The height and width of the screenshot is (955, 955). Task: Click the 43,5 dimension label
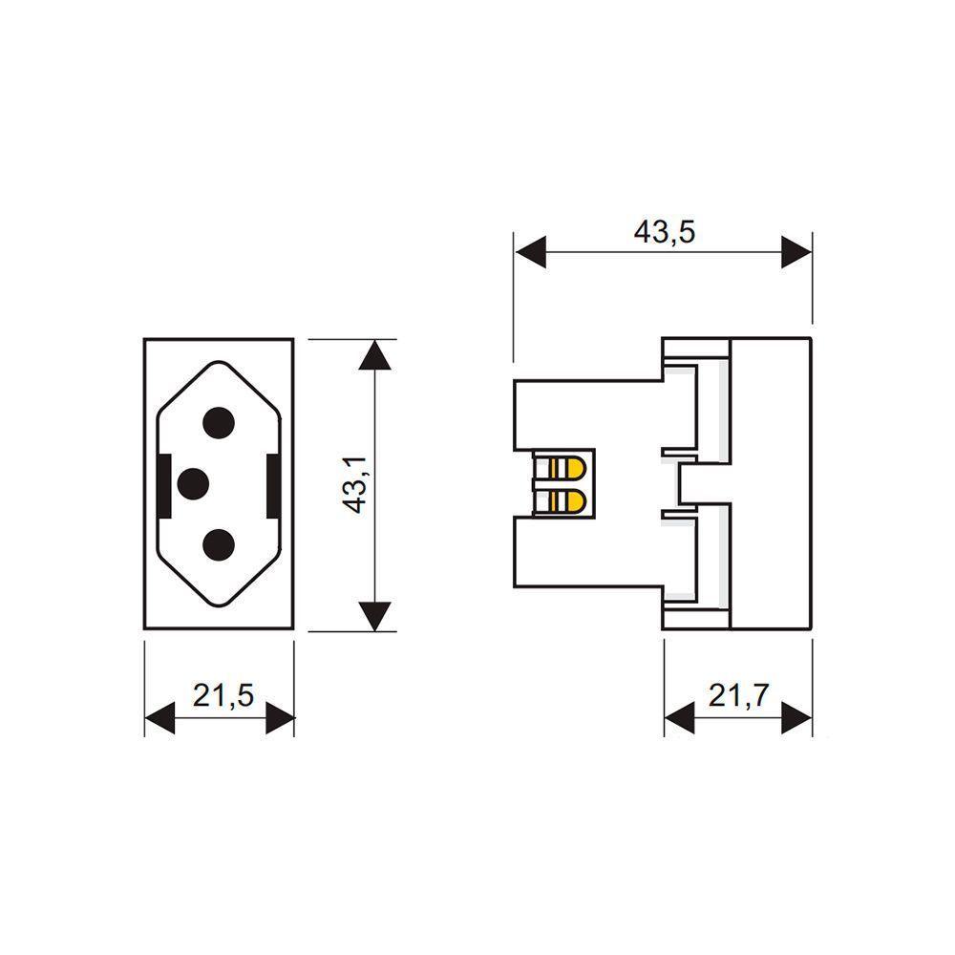pyautogui.click(x=664, y=232)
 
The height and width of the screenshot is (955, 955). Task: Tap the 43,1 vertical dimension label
pyautogui.click(x=354, y=485)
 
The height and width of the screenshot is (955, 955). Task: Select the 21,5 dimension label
pyautogui.click(x=223, y=695)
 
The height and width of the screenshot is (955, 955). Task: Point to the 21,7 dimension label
pyautogui.click(x=739, y=695)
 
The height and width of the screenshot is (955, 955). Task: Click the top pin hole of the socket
pyautogui.click(x=219, y=423)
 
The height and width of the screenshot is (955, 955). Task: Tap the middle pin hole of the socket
pyautogui.click(x=193, y=484)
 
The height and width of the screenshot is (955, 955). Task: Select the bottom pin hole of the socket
pyautogui.click(x=219, y=545)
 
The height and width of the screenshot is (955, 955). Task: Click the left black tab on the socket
pyautogui.click(x=164, y=485)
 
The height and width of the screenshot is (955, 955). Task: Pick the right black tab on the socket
pyautogui.click(x=273, y=485)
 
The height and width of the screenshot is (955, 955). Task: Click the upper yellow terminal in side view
pyautogui.click(x=567, y=468)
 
